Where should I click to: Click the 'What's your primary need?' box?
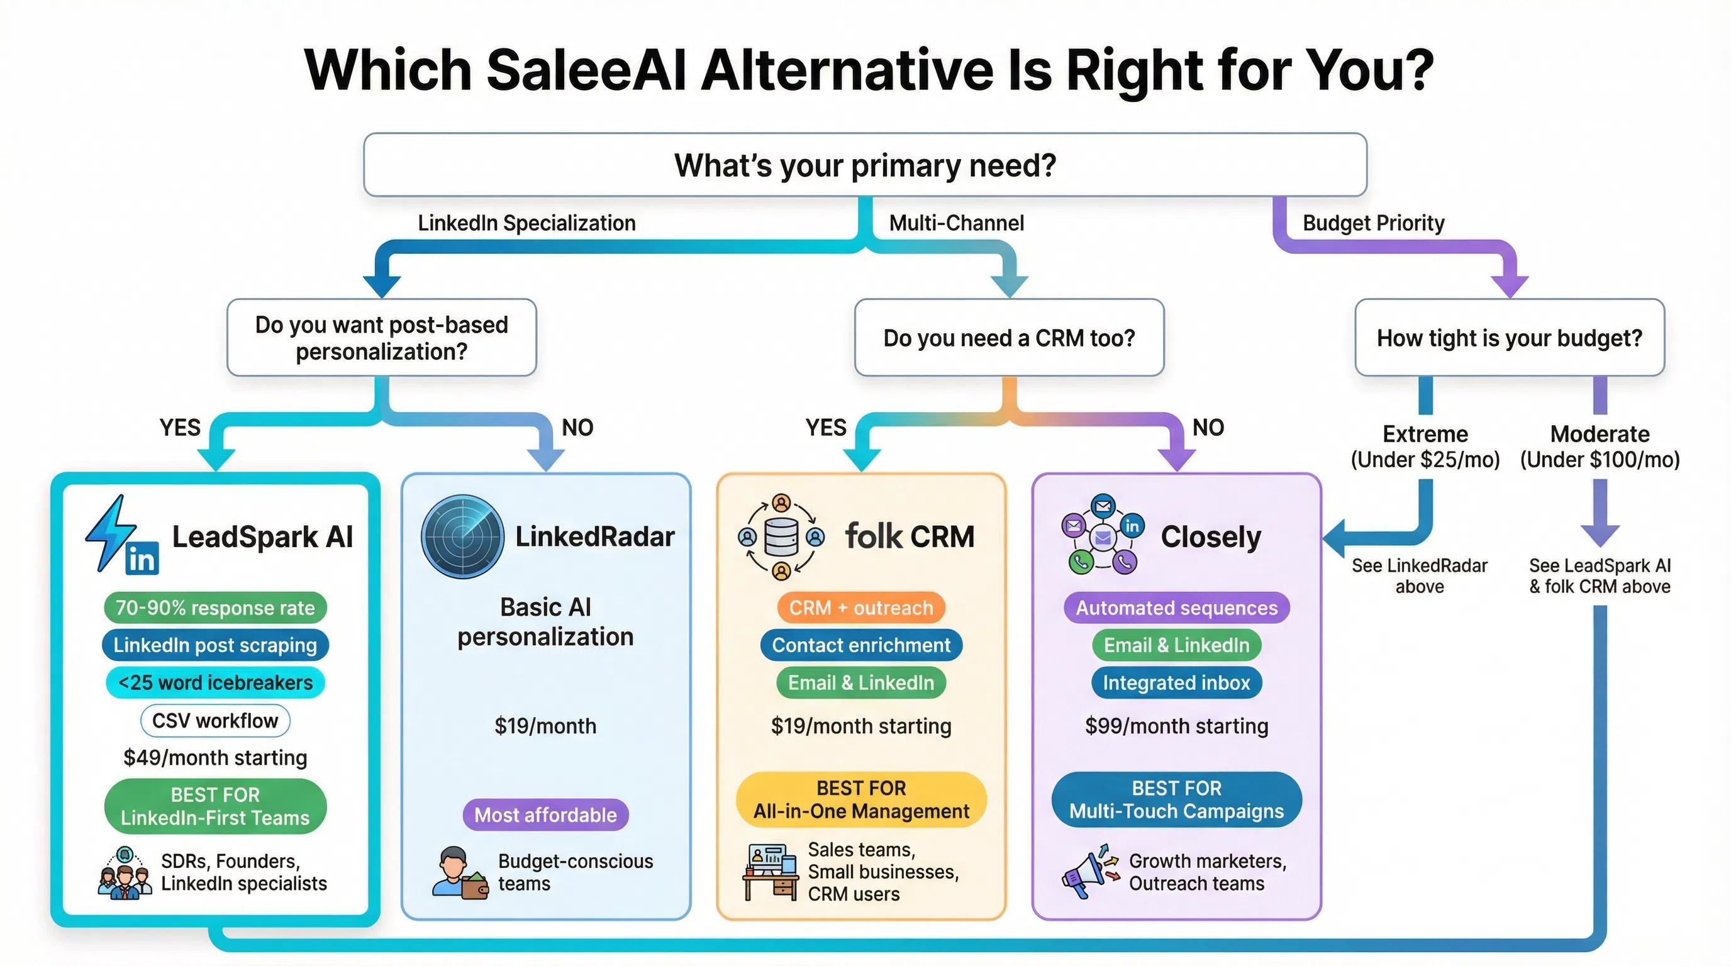865,165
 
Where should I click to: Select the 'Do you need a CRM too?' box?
1009,338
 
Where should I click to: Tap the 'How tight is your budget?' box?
1509,338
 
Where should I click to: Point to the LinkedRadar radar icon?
462,536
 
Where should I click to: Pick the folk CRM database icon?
781,536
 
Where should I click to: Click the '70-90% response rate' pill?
215,608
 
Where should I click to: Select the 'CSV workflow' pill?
215,721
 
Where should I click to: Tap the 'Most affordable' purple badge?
545,815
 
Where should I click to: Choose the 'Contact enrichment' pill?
861,645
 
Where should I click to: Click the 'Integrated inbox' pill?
1176,682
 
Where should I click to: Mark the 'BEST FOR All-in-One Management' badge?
861,799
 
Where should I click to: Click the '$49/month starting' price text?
215,758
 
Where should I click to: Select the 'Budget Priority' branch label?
1373,223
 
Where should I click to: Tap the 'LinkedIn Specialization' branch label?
526,223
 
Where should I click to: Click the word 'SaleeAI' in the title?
586,70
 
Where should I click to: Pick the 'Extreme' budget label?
1425,434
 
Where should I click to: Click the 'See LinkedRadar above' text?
1419,575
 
